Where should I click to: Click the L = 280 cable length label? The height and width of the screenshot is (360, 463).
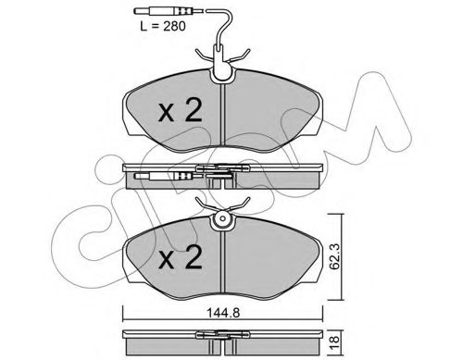[x=163, y=27]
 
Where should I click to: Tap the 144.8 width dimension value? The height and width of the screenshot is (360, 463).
[x=223, y=313]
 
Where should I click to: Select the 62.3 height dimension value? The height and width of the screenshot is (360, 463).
[x=334, y=256]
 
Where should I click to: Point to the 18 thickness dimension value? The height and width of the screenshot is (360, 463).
[x=334, y=341]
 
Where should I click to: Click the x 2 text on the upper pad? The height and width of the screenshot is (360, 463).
[x=181, y=110]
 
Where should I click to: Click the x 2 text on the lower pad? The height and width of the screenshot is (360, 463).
[x=181, y=257]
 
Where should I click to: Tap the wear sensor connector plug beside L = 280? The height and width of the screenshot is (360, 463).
[x=169, y=11]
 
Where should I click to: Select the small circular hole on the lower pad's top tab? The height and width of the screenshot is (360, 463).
[x=222, y=218]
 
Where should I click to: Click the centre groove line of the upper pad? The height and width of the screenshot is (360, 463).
[x=223, y=115]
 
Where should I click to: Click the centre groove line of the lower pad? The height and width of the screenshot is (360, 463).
[x=223, y=262]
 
